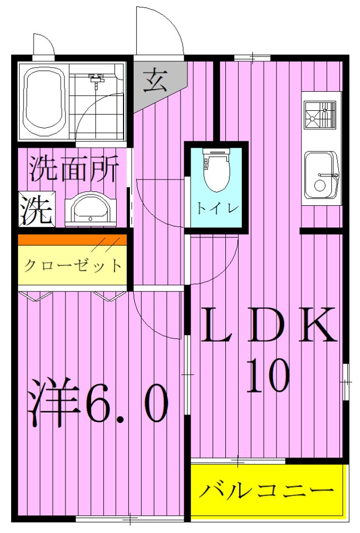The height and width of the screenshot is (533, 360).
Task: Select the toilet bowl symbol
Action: click(216, 172)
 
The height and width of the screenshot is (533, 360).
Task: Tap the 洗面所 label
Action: click(73, 169)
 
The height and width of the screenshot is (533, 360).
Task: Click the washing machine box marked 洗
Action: click(36, 209)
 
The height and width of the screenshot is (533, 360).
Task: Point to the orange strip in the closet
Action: click(73, 240)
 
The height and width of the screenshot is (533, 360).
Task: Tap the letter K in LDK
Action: click(318, 326)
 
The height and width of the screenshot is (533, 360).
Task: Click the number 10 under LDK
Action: click(268, 376)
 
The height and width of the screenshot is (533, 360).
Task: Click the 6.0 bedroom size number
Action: click(126, 404)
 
